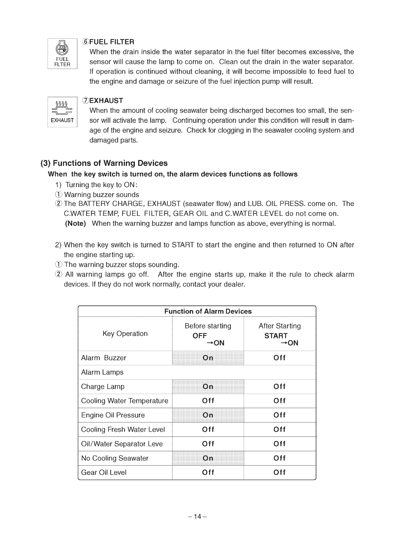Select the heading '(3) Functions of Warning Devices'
(104, 163)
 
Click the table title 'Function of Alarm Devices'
(208, 311)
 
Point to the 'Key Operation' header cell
(125, 334)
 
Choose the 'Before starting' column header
(208, 326)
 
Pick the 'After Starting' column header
(279, 326)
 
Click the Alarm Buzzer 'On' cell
(208, 358)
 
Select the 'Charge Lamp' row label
(103, 387)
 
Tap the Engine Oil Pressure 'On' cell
(208, 415)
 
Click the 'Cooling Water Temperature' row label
(125, 401)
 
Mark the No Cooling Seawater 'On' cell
(208, 458)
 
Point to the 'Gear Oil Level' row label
(104, 473)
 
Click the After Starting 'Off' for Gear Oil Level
(279, 473)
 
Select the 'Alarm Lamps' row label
(102, 372)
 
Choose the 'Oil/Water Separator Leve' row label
(122, 444)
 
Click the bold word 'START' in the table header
(276, 336)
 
